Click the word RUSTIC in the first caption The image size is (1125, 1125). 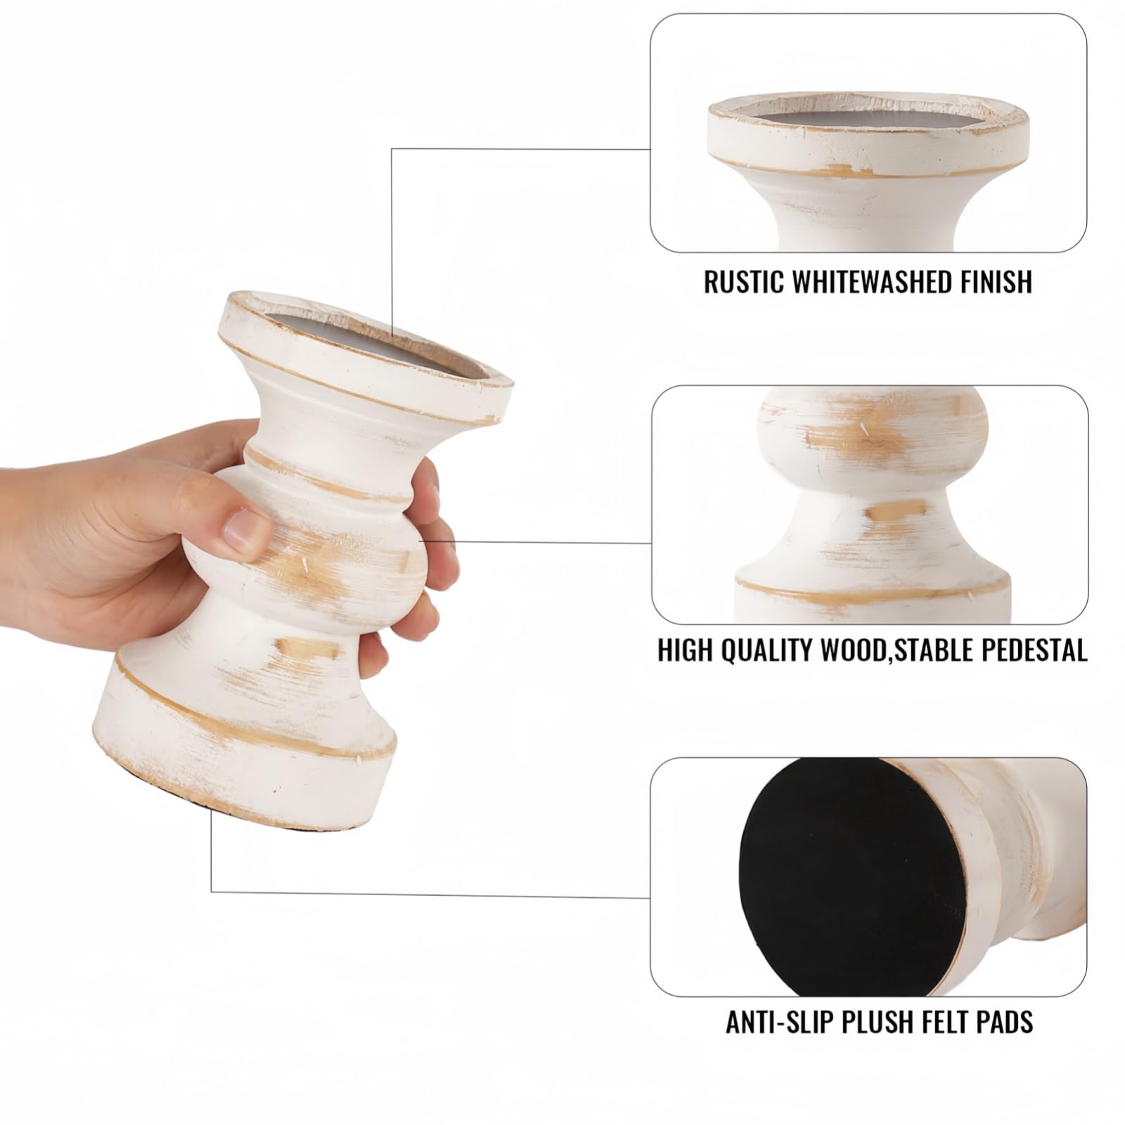744,282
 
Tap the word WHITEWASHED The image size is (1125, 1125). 872,282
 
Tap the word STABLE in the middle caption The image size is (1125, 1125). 931,650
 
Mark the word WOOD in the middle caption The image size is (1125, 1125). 853,650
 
